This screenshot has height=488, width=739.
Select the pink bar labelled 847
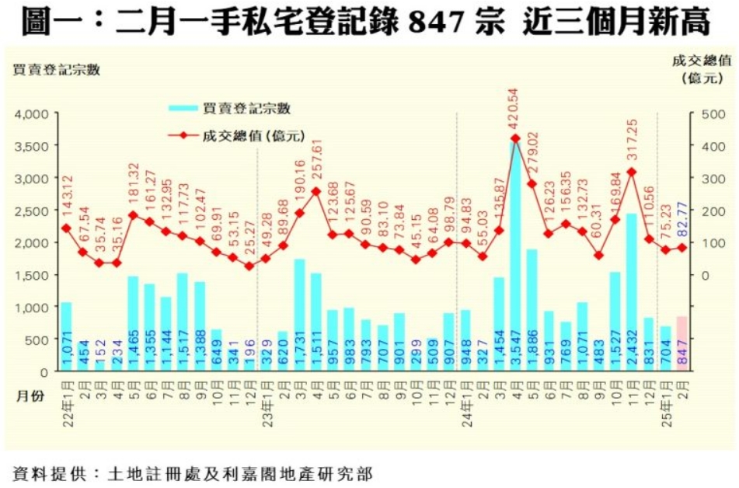point(681,343)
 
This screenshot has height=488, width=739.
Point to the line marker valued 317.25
point(631,172)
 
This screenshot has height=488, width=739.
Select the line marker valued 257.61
point(315,191)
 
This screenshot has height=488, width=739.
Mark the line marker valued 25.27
point(249,266)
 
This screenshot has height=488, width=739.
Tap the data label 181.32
point(133,184)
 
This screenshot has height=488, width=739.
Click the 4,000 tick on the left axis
point(30,113)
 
